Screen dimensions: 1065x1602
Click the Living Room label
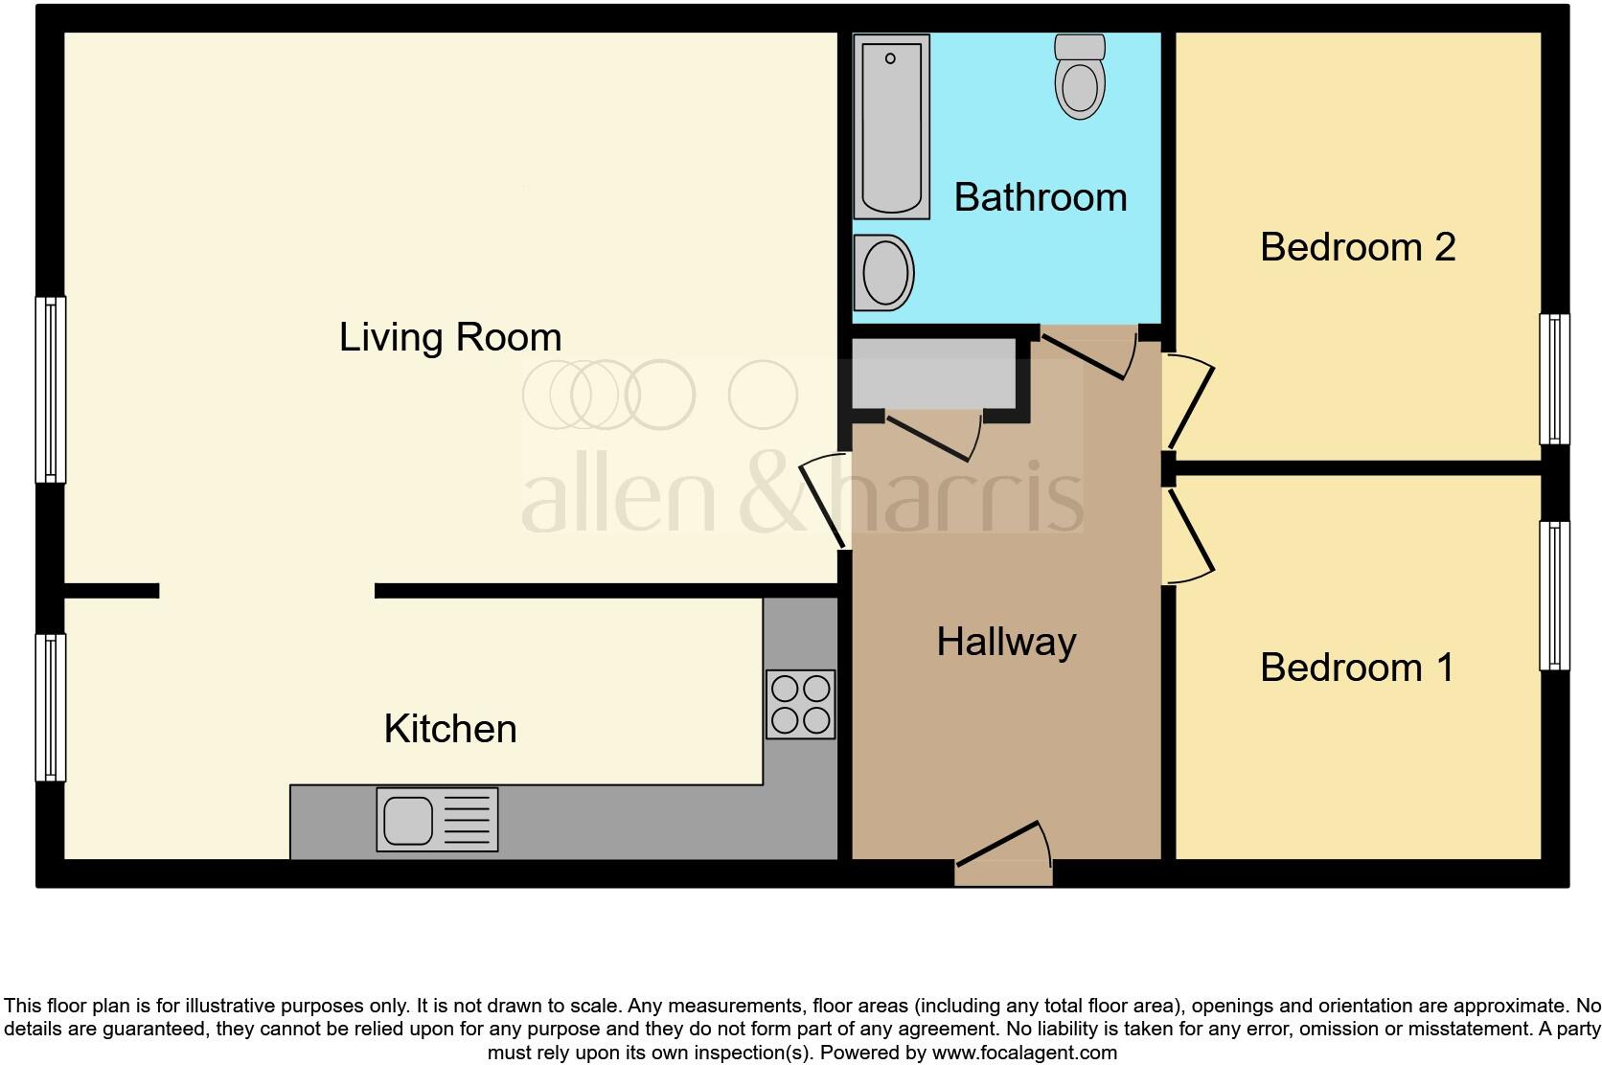450,337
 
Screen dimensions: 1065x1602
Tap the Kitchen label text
450,729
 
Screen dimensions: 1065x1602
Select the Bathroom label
1041,197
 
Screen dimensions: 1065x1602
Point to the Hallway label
1006,641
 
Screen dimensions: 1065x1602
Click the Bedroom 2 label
1358,247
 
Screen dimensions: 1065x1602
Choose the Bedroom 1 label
1357,668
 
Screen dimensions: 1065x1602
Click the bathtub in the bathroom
892,126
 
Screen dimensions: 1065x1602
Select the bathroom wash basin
883,272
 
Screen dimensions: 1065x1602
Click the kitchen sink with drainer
437,820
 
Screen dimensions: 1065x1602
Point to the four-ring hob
801,704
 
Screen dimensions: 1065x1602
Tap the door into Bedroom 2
1188,402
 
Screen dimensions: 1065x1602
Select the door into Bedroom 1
1188,536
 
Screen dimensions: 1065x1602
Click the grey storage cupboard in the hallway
933,374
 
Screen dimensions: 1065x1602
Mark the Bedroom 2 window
1554,379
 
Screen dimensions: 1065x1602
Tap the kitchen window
50,707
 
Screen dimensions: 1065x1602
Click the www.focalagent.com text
1023,1053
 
